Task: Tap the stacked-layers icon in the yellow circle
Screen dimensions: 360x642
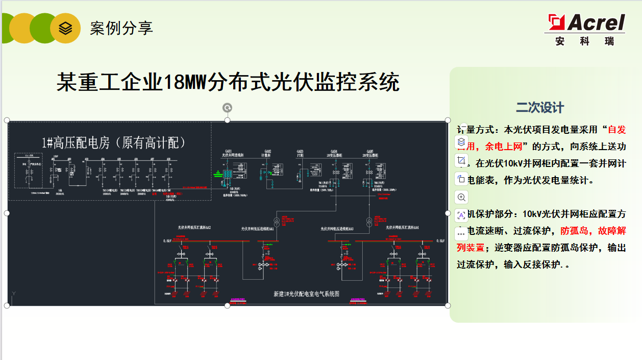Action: click(x=65, y=28)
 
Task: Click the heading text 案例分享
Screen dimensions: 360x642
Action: click(x=121, y=28)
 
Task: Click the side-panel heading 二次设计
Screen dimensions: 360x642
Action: click(x=540, y=108)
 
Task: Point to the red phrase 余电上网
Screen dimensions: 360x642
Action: click(x=504, y=147)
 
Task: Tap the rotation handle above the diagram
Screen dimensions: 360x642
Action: click(x=228, y=108)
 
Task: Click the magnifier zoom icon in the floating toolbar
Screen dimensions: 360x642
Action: click(x=461, y=197)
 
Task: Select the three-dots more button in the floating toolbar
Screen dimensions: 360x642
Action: click(x=461, y=233)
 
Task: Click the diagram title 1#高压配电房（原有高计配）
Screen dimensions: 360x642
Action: click(x=113, y=143)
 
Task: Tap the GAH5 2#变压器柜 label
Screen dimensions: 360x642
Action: click(x=366, y=153)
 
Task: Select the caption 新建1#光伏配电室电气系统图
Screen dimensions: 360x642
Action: click(x=306, y=294)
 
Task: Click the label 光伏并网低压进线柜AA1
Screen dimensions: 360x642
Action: click(x=258, y=229)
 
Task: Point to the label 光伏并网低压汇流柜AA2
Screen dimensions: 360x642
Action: click(x=194, y=227)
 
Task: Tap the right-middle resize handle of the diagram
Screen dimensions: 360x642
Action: click(x=448, y=213)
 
